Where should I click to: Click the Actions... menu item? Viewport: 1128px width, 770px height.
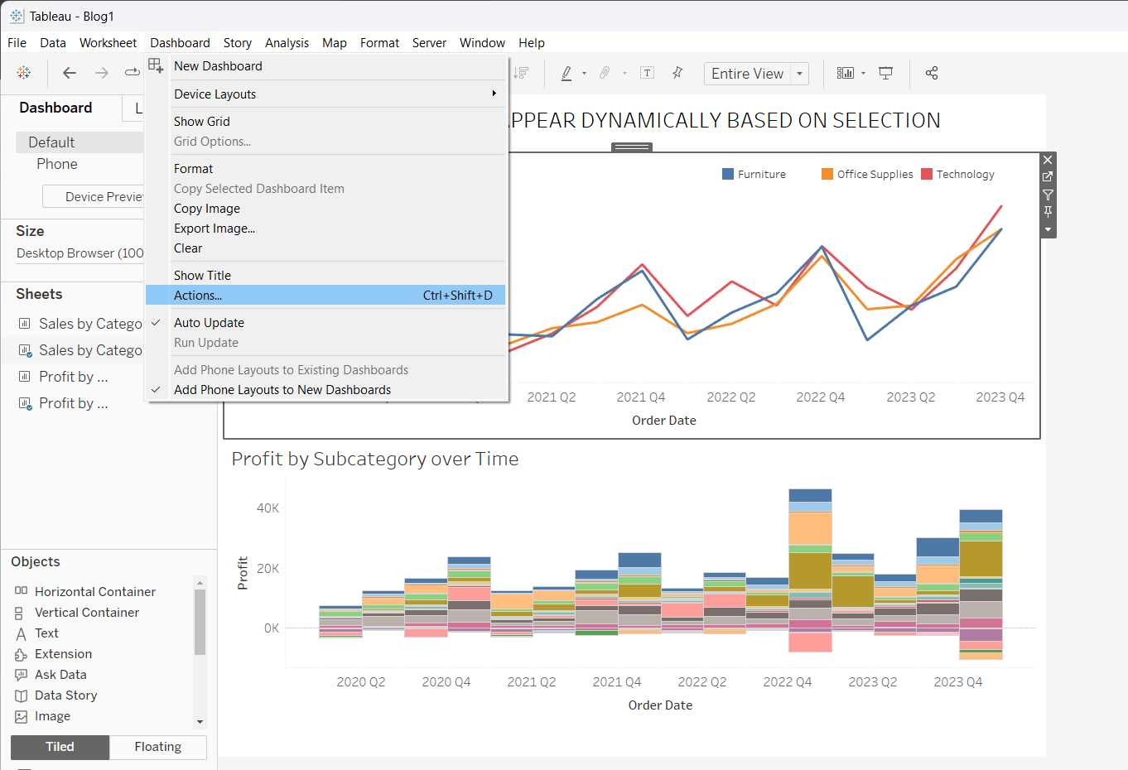(198, 296)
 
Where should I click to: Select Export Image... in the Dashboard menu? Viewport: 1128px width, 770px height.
(215, 229)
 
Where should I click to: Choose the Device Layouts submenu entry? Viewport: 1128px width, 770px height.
(215, 94)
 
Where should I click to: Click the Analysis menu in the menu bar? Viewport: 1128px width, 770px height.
(287, 43)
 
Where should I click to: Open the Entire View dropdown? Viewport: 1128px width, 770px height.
(799, 74)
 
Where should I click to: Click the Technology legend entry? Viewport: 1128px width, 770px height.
(965, 175)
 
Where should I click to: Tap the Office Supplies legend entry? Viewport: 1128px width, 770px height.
(874, 175)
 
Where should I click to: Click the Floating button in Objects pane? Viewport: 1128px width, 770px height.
(157, 747)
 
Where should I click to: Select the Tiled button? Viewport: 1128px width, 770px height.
(60, 747)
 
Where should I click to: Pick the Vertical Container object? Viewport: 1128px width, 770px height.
(86, 613)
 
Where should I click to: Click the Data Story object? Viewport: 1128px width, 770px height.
(65, 695)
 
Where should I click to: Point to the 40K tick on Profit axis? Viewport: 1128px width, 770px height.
(268, 508)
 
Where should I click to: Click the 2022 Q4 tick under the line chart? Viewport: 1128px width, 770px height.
(820, 397)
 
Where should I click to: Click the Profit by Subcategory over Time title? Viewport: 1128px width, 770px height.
(374, 460)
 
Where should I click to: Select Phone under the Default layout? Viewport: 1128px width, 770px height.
(56, 164)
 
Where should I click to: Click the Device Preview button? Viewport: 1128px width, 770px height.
(93, 197)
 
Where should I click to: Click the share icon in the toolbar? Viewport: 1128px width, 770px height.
(932, 74)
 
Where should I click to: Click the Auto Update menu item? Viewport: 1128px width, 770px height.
(209, 323)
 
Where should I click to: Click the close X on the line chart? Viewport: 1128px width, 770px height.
(1048, 160)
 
